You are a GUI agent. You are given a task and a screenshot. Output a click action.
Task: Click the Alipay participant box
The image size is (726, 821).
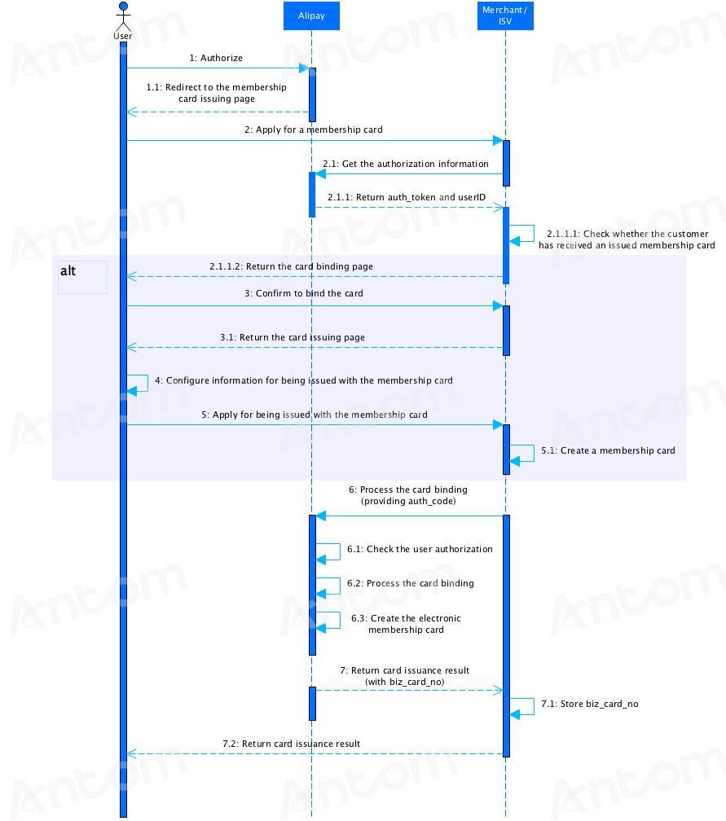coord(311,15)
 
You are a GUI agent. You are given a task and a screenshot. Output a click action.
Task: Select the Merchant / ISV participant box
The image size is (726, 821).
coord(505,15)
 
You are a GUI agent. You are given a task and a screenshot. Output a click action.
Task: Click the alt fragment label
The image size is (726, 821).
coord(68,270)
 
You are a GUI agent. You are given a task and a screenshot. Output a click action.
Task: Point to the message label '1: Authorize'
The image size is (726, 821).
coord(216,58)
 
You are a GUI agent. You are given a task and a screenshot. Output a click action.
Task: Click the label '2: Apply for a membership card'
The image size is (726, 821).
coord(313,130)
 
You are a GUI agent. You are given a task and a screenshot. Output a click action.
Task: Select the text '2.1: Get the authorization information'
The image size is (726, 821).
coord(406,164)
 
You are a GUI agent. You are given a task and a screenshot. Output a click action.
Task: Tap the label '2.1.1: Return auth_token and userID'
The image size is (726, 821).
coord(407,197)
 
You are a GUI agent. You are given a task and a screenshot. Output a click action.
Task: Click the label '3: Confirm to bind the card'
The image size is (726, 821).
coord(303,294)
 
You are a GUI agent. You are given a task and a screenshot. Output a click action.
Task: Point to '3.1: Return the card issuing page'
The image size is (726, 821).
coord(293,338)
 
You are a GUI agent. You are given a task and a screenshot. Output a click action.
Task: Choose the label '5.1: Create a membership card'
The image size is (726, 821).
coord(608,451)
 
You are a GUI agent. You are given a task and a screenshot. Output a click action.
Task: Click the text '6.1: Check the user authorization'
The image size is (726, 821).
coord(420,549)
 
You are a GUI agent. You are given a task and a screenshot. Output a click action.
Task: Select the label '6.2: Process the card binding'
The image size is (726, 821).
coord(410,583)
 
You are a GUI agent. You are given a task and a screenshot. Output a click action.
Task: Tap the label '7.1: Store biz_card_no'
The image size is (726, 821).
coord(590,705)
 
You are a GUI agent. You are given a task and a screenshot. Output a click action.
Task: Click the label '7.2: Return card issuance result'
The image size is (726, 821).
coord(291,744)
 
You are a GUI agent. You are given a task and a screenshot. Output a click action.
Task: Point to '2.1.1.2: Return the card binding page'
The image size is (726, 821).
coord(291,266)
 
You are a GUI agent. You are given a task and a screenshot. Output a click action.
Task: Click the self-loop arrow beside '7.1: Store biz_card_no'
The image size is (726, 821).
coord(534,706)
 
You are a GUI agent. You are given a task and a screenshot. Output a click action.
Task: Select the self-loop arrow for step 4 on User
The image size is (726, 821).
coord(147,383)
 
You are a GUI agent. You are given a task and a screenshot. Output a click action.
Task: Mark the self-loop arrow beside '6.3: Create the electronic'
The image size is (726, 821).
coord(340,620)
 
